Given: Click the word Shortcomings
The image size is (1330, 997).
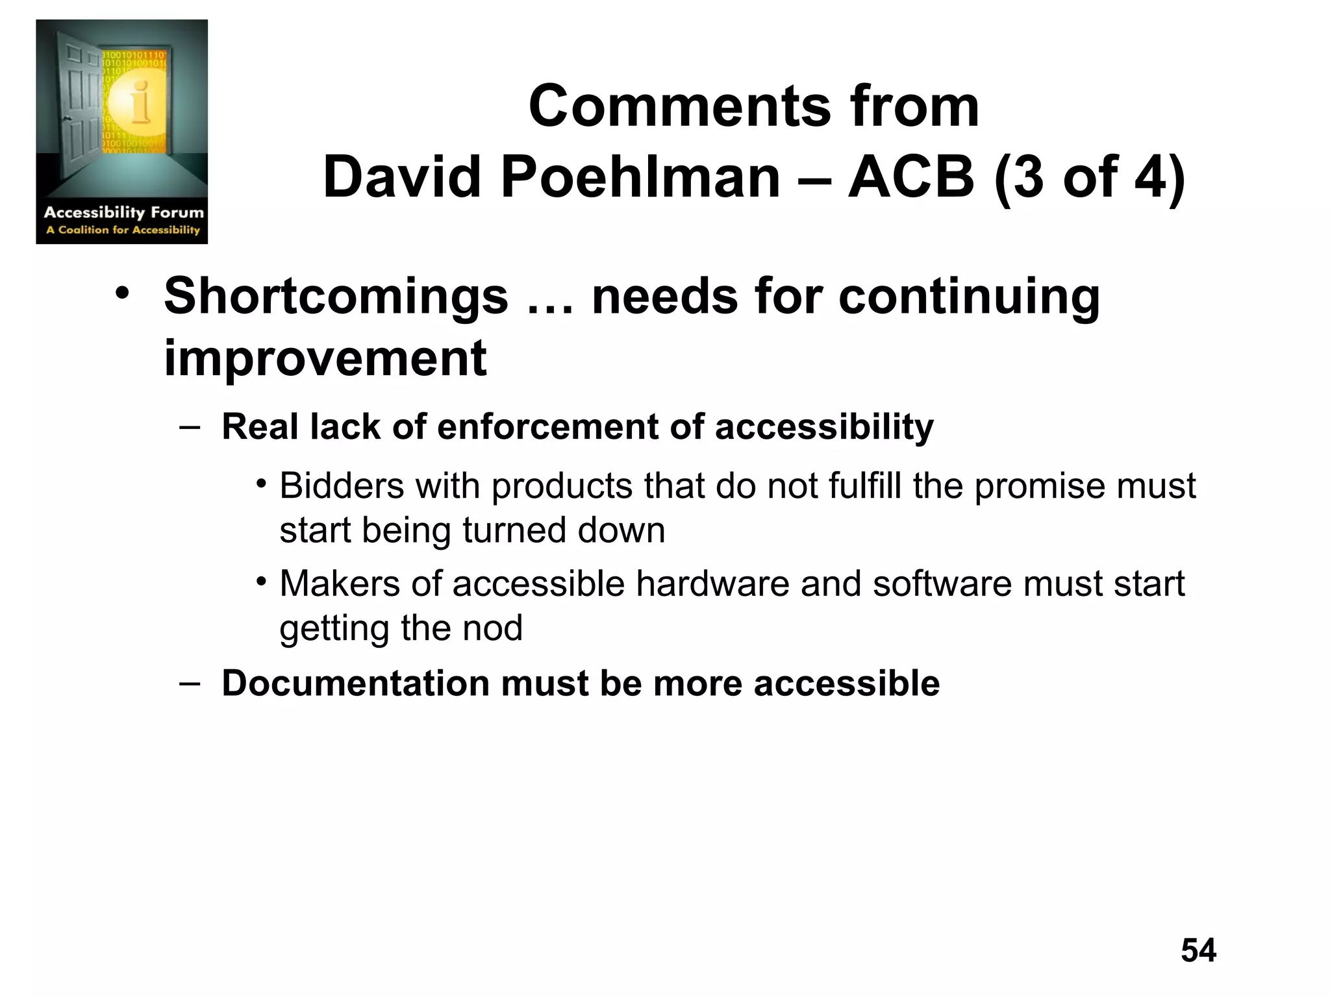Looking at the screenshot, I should coord(336,297).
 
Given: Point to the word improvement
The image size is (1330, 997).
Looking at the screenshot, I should coord(325,358).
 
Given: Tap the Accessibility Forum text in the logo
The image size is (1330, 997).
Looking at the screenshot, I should coord(123,212).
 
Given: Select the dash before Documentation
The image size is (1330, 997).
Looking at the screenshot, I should coord(188,683).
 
